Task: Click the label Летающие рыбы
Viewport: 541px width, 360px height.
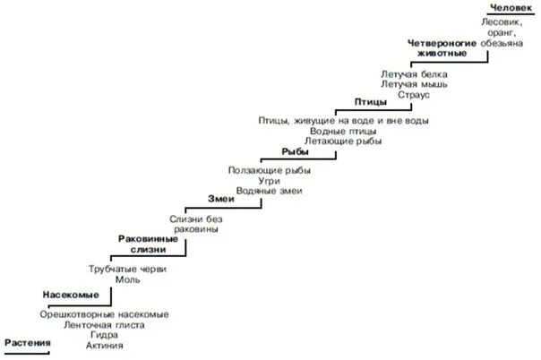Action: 343,141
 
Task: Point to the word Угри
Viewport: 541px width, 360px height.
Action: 270,179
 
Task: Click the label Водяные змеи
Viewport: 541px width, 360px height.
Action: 270,190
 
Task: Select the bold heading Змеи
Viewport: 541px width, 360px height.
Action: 220,199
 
